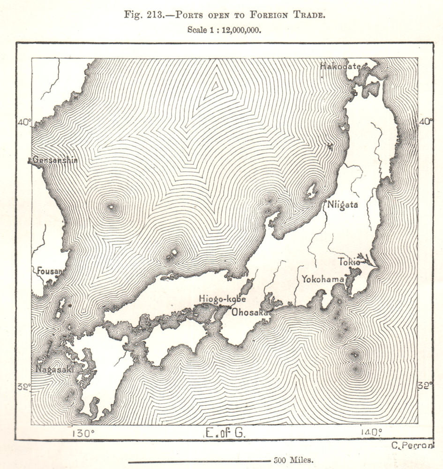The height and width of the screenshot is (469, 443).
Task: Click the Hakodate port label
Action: click(x=340, y=66)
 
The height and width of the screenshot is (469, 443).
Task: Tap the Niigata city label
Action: click(x=342, y=204)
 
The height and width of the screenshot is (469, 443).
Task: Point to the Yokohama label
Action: click(x=323, y=279)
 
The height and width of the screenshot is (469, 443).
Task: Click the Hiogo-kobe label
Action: click(x=222, y=298)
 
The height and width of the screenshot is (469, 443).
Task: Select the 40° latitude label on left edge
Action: click(x=24, y=122)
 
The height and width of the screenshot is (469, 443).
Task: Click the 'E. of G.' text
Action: click(x=225, y=433)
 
